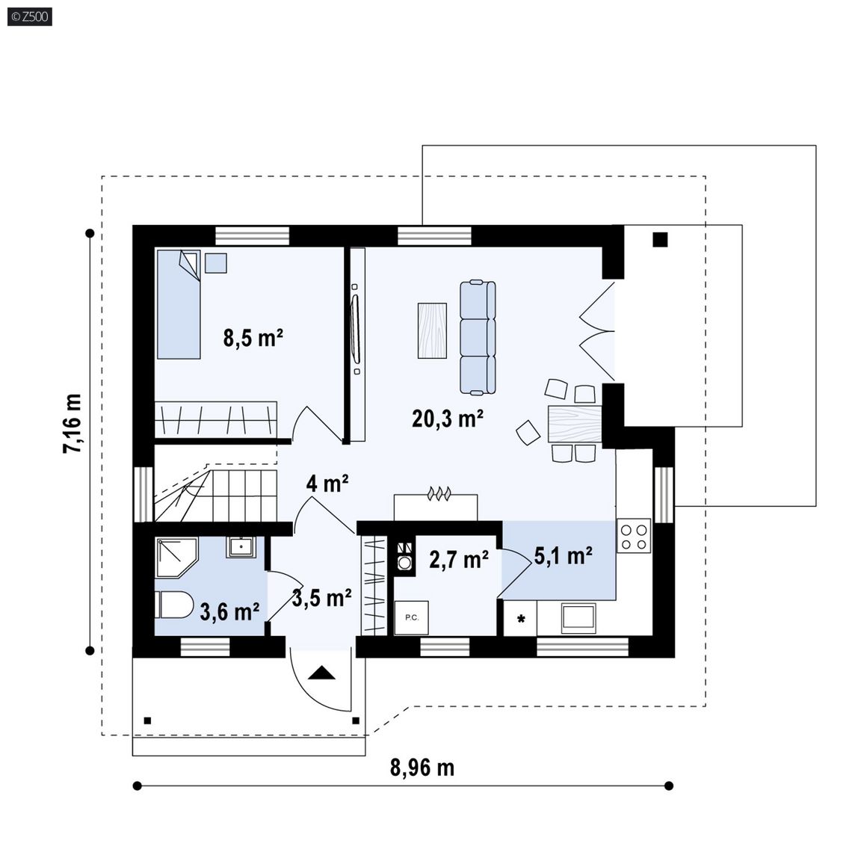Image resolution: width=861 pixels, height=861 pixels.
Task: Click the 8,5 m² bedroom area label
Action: tap(253, 337)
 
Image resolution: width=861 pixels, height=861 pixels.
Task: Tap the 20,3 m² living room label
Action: tap(448, 419)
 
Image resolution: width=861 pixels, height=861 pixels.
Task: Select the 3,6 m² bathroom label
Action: tap(229, 611)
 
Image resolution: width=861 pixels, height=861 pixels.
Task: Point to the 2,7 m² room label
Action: tap(459, 560)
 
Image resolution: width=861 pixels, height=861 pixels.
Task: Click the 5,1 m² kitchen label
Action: tap(563, 556)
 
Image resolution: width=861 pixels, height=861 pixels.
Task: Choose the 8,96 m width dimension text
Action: tap(422, 768)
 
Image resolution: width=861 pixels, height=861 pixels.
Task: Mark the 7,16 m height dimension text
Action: tap(72, 423)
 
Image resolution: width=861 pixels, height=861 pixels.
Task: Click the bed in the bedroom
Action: tap(179, 304)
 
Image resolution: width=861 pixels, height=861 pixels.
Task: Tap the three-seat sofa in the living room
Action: tap(477, 337)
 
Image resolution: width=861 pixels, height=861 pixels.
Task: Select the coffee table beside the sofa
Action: tap(432, 330)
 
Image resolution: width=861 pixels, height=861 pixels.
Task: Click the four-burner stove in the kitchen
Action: tap(635, 535)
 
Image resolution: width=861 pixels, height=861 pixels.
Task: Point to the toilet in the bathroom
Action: tap(174, 605)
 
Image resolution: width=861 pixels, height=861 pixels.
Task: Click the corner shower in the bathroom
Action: tap(176, 557)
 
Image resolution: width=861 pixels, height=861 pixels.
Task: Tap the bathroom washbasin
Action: tap(241, 547)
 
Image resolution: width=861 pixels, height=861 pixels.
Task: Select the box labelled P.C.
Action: tap(411, 618)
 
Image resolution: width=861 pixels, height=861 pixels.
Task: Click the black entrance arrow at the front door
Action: tap(321, 673)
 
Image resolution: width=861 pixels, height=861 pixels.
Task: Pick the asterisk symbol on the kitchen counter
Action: tap(521, 619)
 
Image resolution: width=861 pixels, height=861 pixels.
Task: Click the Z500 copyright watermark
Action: tap(30, 16)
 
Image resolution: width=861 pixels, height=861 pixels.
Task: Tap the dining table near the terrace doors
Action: tap(575, 424)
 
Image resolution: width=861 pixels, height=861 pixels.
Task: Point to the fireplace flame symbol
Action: tap(439, 493)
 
